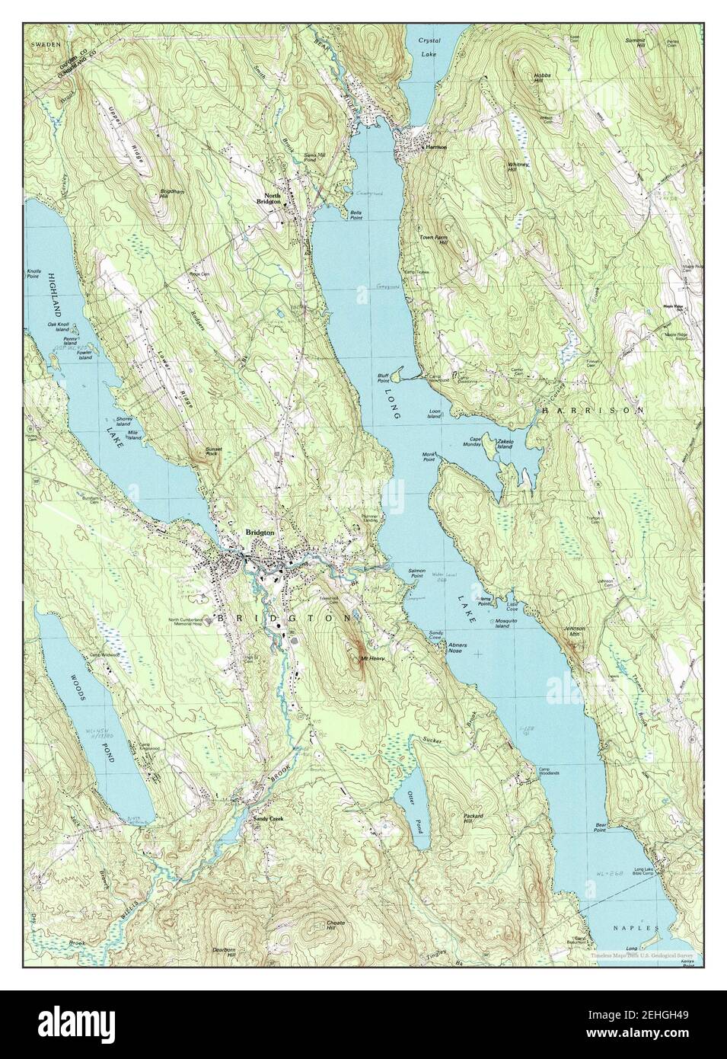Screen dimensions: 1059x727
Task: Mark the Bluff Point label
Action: point(386,378)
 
